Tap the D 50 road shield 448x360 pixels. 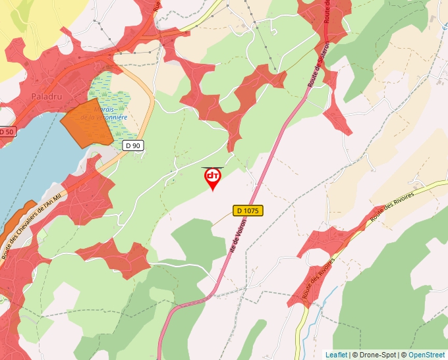6,132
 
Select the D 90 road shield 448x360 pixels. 133,145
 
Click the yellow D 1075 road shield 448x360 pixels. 248,211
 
